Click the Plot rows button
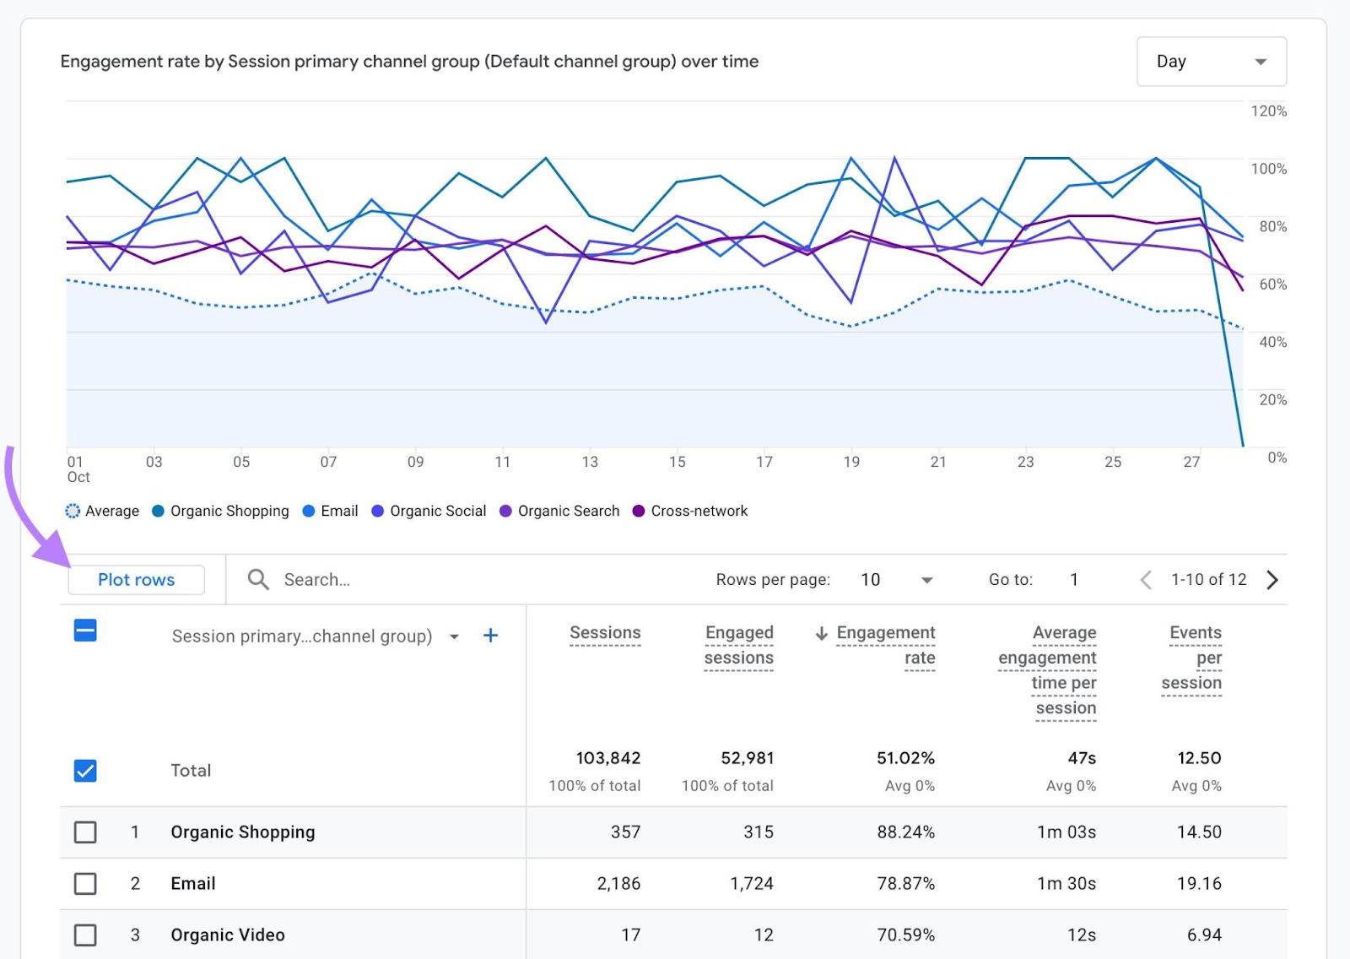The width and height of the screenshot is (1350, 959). tap(136, 580)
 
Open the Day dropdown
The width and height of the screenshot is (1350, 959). tap(1211, 62)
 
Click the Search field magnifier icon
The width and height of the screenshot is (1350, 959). tap(258, 580)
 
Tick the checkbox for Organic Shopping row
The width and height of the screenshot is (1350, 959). tap(85, 832)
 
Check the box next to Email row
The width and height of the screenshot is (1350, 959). tap(85, 884)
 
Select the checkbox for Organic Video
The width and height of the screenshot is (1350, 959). tap(85, 935)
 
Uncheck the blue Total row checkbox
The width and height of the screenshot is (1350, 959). tap(85, 771)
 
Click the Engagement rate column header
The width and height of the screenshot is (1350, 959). tap(885, 645)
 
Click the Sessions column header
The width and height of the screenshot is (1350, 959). tap(605, 633)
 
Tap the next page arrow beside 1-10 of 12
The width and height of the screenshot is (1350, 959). tap(1272, 580)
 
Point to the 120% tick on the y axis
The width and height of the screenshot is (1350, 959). tap(1268, 111)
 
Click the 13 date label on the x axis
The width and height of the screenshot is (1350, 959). tap(590, 462)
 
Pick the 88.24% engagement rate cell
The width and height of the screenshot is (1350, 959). tap(905, 832)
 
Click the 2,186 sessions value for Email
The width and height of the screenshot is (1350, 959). tap(618, 884)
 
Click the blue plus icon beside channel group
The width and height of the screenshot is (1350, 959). tap(490, 636)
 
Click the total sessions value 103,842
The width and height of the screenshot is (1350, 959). tap(607, 758)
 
